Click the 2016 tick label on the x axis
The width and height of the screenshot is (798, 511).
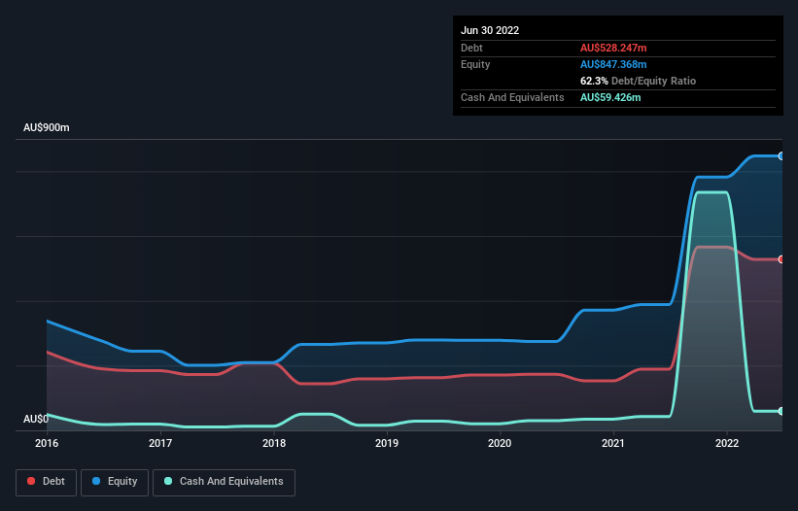[47, 443]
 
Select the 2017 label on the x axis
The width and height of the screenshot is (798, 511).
[160, 443]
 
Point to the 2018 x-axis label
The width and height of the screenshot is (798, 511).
[274, 443]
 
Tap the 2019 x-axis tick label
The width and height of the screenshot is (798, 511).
[387, 443]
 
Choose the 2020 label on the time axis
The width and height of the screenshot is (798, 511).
[500, 443]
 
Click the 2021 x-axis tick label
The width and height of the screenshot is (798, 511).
[613, 443]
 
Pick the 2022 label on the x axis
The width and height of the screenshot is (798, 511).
[726, 443]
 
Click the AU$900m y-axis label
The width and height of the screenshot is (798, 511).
[47, 128]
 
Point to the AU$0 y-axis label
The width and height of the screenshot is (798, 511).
[35, 419]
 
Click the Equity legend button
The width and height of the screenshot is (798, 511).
[115, 481]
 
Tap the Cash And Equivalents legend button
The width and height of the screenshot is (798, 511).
[224, 481]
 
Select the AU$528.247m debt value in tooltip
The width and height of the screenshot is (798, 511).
[613, 48]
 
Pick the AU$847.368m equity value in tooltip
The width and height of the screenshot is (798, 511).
[613, 64]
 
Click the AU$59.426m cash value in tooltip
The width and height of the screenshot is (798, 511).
[610, 97]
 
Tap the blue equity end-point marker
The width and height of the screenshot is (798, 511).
[781, 155]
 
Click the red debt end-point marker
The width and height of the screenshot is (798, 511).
[781, 259]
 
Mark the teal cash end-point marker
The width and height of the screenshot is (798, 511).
[781, 411]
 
